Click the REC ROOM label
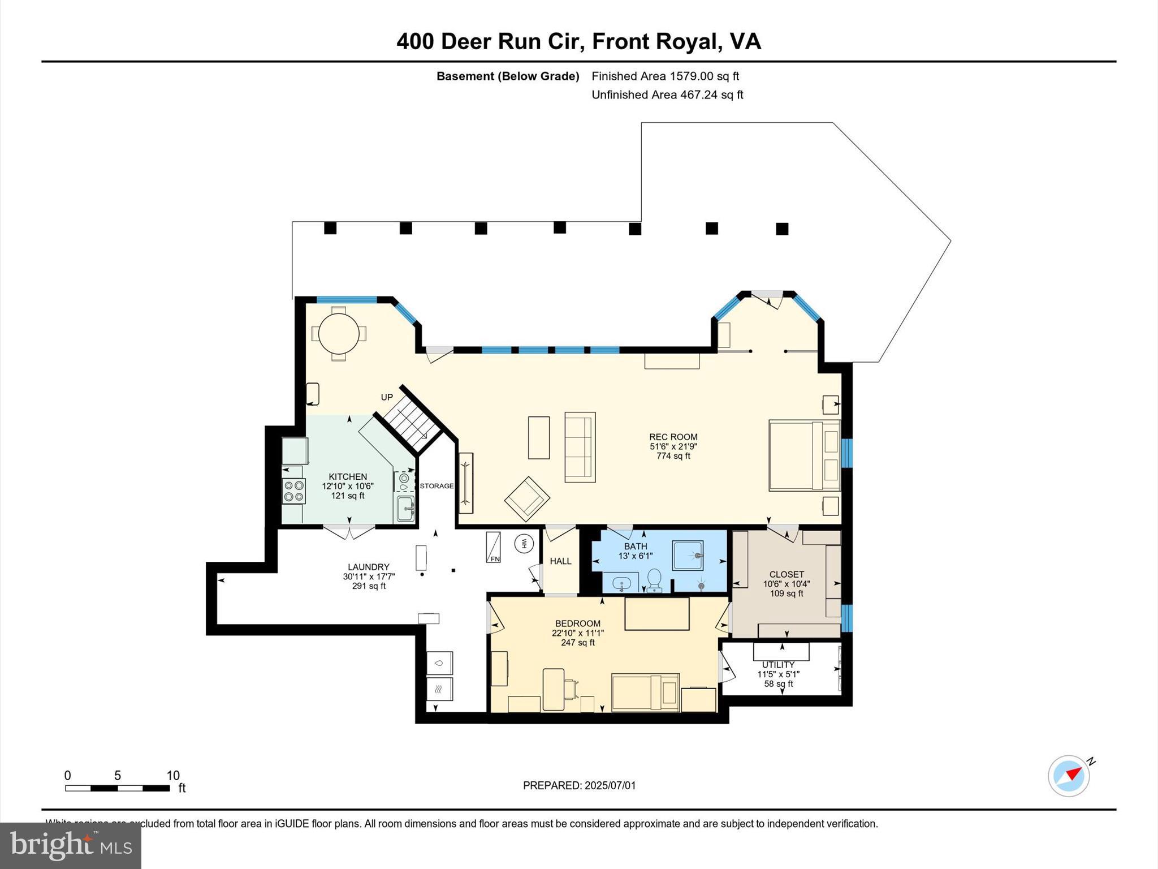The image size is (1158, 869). [673, 437]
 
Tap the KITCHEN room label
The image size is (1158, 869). [348, 476]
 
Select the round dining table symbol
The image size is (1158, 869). [339, 333]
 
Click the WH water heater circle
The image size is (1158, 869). [524, 544]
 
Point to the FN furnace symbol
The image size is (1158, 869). [494, 547]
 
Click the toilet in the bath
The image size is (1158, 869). [654, 578]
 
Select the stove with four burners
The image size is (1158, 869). [294, 491]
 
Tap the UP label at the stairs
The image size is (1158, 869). [387, 397]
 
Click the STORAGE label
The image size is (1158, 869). [437, 486]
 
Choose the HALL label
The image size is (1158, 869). [560, 561]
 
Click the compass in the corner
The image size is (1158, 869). [1069, 776]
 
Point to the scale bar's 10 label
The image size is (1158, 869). [173, 776]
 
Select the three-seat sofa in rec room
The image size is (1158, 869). [580, 447]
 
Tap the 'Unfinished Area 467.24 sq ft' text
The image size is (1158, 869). [667, 95]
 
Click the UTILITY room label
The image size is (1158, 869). [778, 665]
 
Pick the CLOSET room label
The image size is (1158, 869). [786, 574]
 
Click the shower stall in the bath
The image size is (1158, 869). [688, 555]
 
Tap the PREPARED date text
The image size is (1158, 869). [579, 785]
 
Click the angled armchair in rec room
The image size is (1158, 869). [527, 498]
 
